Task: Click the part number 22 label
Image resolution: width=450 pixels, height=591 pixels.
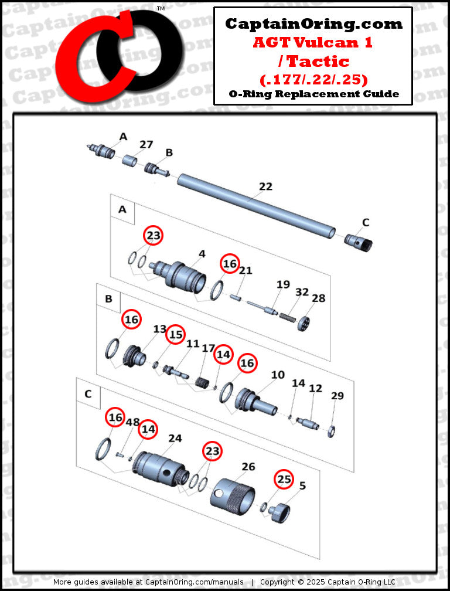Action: [265, 186]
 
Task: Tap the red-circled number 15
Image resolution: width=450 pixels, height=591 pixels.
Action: [175, 335]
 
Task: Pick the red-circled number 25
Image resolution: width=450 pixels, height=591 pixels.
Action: [284, 479]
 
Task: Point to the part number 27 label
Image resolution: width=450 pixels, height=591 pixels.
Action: [146, 145]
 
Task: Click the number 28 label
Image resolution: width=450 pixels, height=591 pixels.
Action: [318, 298]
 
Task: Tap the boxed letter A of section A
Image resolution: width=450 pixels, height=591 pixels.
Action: [122, 209]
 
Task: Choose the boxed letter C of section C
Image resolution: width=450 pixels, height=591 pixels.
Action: [88, 393]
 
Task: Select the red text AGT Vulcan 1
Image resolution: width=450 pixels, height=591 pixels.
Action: [313, 42]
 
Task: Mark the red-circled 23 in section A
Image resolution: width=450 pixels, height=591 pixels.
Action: [154, 236]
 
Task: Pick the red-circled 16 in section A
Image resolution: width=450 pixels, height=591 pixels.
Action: [230, 264]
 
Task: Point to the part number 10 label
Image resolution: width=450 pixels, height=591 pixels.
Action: [278, 374]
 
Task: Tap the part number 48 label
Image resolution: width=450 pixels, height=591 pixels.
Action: [132, 422]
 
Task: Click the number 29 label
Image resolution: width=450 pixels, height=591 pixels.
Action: [337, 396]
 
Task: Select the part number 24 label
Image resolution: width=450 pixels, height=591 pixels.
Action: [175, 437]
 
